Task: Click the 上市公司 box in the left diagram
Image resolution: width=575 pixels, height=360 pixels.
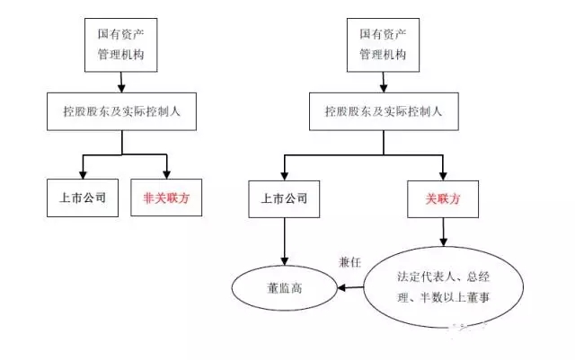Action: click(83, 198)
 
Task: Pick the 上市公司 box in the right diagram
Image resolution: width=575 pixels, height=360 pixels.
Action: click(285, 198)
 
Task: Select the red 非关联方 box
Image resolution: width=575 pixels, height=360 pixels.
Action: click(167, 198)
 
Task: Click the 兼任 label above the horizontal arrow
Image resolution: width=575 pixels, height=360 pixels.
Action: click(349, 261)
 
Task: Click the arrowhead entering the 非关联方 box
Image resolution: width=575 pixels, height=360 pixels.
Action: click(167, 173)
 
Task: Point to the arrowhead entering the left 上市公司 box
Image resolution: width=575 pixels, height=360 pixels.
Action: click(83, 173)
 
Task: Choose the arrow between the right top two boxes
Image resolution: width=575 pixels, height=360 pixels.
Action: click(384, 83)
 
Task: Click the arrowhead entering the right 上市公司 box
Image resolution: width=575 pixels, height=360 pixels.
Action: click(285, 174)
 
